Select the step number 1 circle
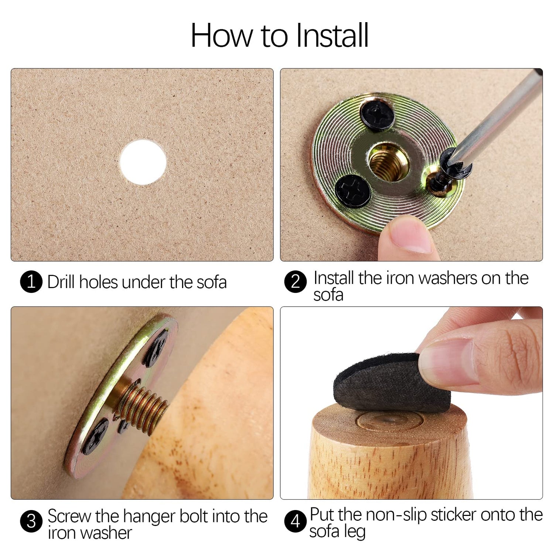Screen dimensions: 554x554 click(x=31, y=282)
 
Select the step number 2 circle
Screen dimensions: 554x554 click(x=295, y=282)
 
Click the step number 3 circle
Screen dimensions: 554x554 click(x=31, y=521)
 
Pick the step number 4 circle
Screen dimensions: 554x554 click(x=295, y=521)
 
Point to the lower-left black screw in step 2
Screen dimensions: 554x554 click(x=353, y=190)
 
